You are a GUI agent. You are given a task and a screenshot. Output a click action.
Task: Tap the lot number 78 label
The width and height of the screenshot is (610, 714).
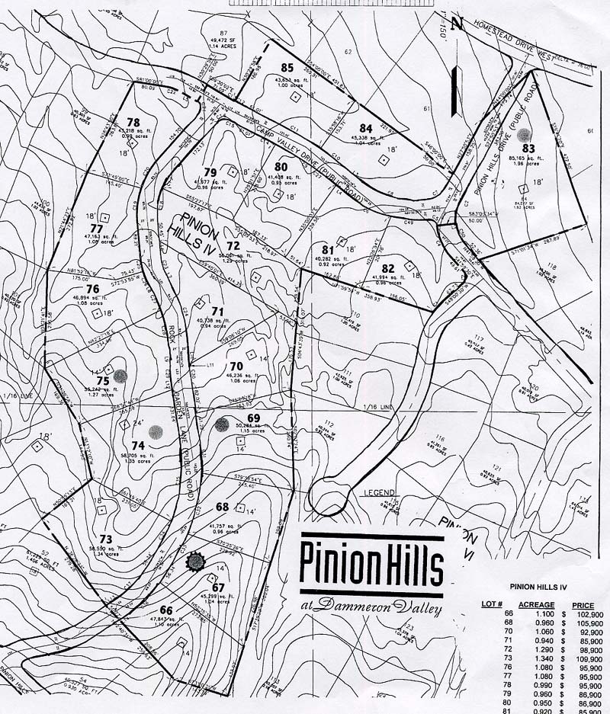pyautogui.click(x=133, y=122)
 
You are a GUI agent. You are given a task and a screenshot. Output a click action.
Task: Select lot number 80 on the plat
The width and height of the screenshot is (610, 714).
pyautogui.click(x=281, y=166)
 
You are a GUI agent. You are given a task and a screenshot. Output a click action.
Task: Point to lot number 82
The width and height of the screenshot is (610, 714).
pyautogui.click(x=388, y=267)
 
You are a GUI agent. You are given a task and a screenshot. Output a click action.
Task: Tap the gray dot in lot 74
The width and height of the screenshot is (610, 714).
pyautogui.click(x=156, y=432)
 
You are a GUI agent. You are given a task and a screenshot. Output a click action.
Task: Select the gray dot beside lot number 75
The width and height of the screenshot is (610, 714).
pyautogui.click(x=120, y=375)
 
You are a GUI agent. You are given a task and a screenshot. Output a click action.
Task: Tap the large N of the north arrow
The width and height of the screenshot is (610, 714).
pyautogui.click(x=457, y=23)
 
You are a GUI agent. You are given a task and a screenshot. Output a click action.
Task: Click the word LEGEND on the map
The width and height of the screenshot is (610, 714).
pyautogui.click(x=381, y=492)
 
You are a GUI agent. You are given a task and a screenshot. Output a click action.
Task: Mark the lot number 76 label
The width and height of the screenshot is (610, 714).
pyautogui.click(x=92, y=289)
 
